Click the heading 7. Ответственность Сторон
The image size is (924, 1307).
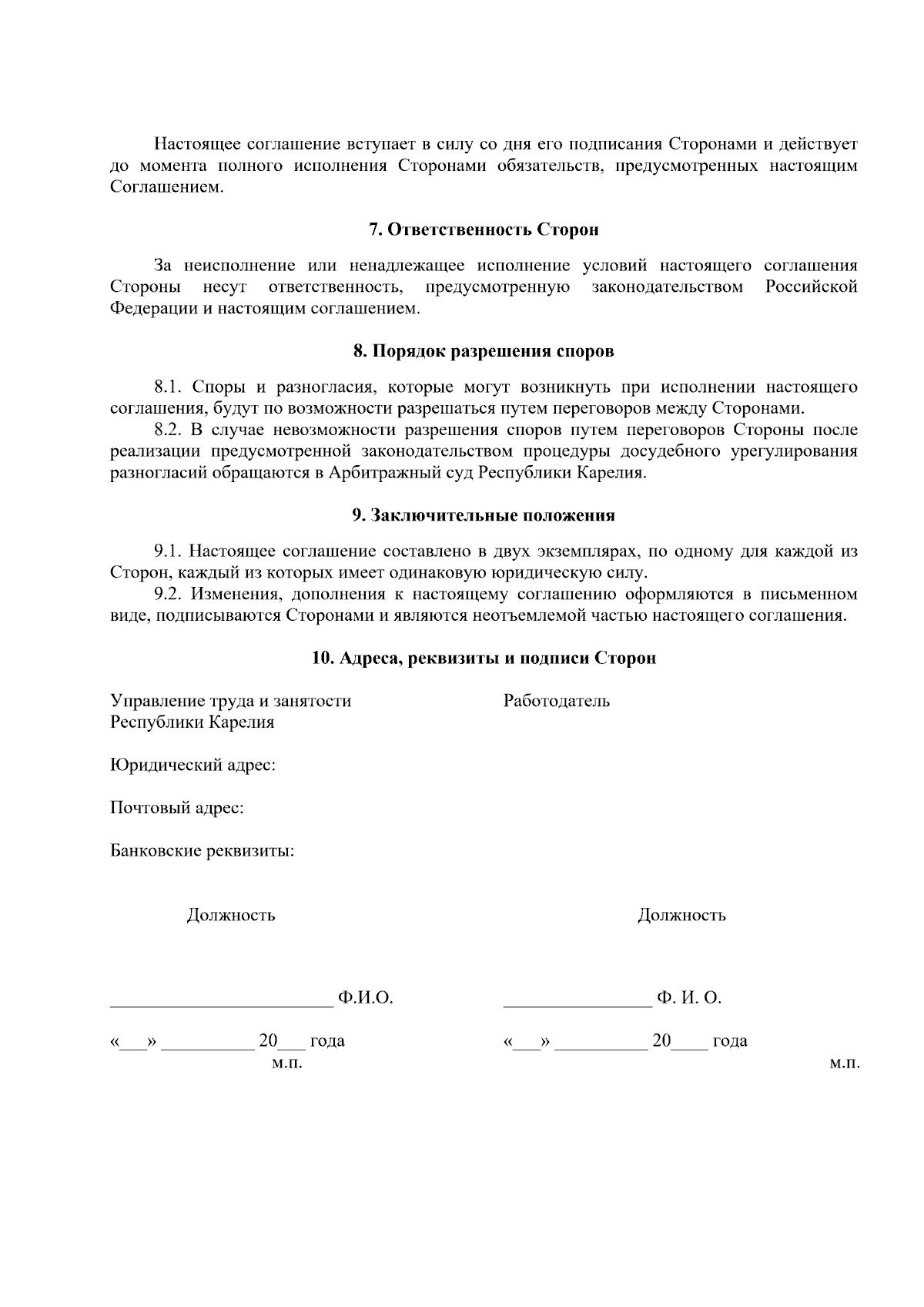(x=484, y=230)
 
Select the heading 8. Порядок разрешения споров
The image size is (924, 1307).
(x=484, y=352)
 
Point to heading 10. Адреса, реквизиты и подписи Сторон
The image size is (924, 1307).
(x=484, y=659)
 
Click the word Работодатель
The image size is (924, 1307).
(x=556, y=701)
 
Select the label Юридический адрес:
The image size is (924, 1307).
(x=193, y=766)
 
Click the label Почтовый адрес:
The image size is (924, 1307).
(x=177, y=809)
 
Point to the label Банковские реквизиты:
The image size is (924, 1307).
(x=203, y=852)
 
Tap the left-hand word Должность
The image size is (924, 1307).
(x=231, y=916)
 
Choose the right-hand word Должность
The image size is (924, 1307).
(x=681, y=916)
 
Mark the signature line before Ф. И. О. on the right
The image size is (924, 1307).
(x=577, y=1004)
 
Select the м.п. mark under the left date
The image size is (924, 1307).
(x=286, y=1064)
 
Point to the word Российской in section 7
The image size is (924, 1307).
(x=811, y=287)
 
